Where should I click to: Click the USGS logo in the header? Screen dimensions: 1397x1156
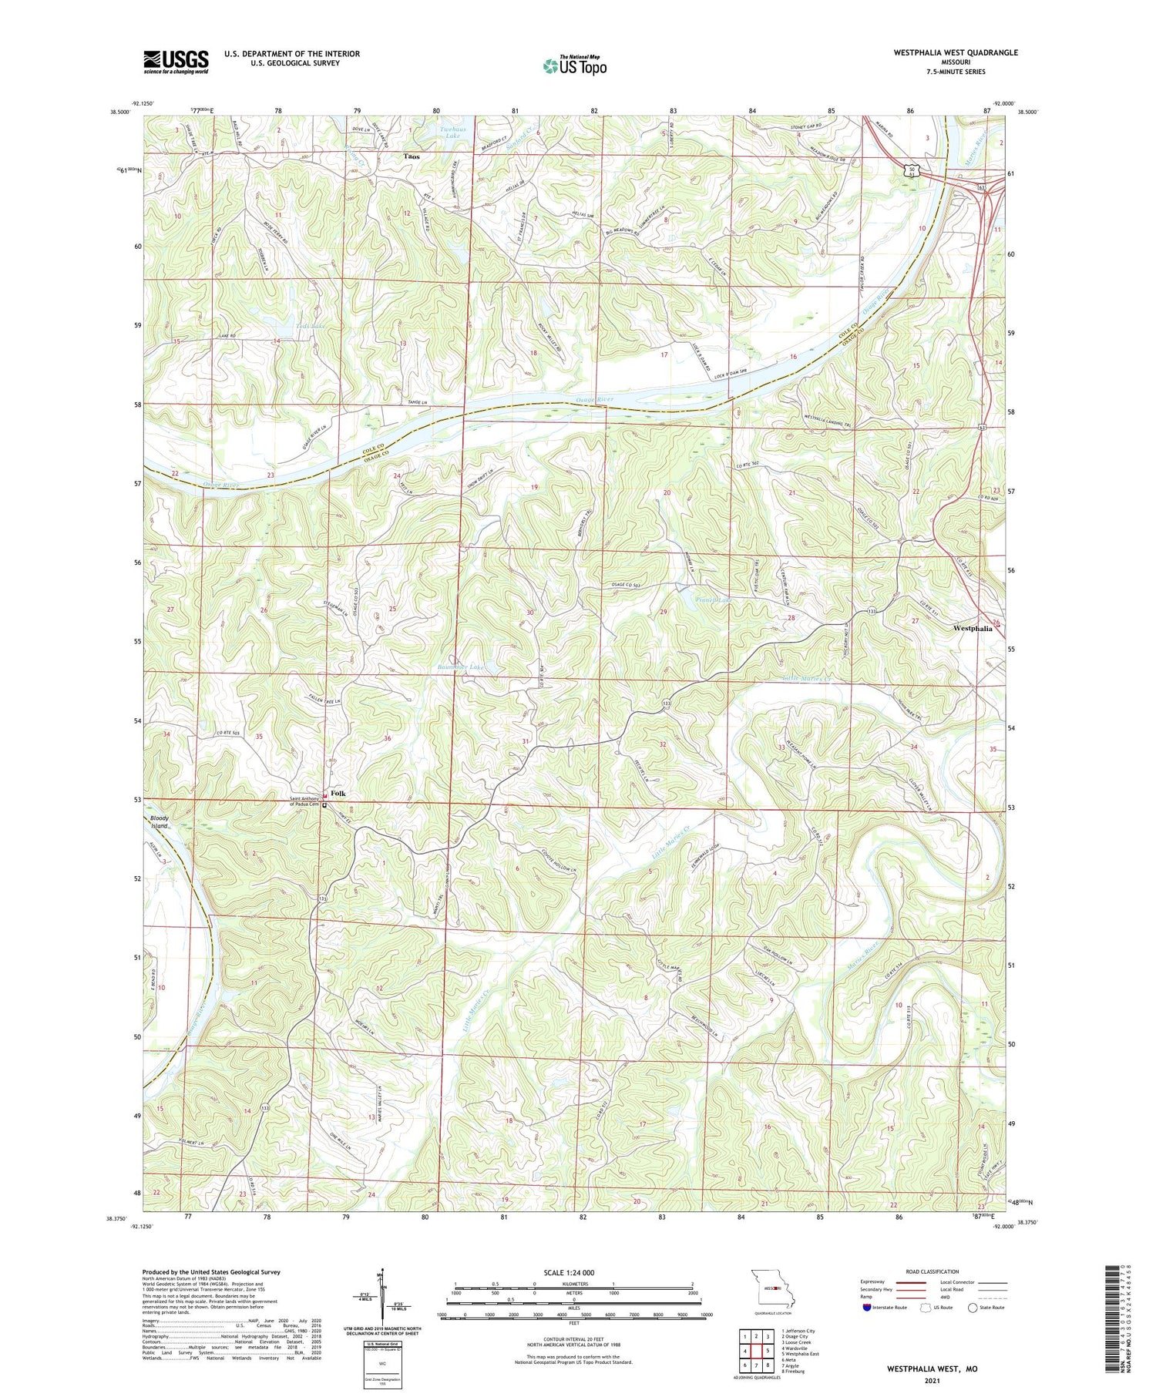point(176,61)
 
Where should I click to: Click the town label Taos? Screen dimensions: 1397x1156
point(412,156)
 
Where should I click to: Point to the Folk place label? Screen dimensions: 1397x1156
point(338,793)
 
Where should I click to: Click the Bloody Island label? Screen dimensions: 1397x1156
point(159,821)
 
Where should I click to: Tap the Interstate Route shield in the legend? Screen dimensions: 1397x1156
point(867,1308)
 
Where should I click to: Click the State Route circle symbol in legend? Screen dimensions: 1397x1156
point(973,1308)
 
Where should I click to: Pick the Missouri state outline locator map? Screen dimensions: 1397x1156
point(772,1285)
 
